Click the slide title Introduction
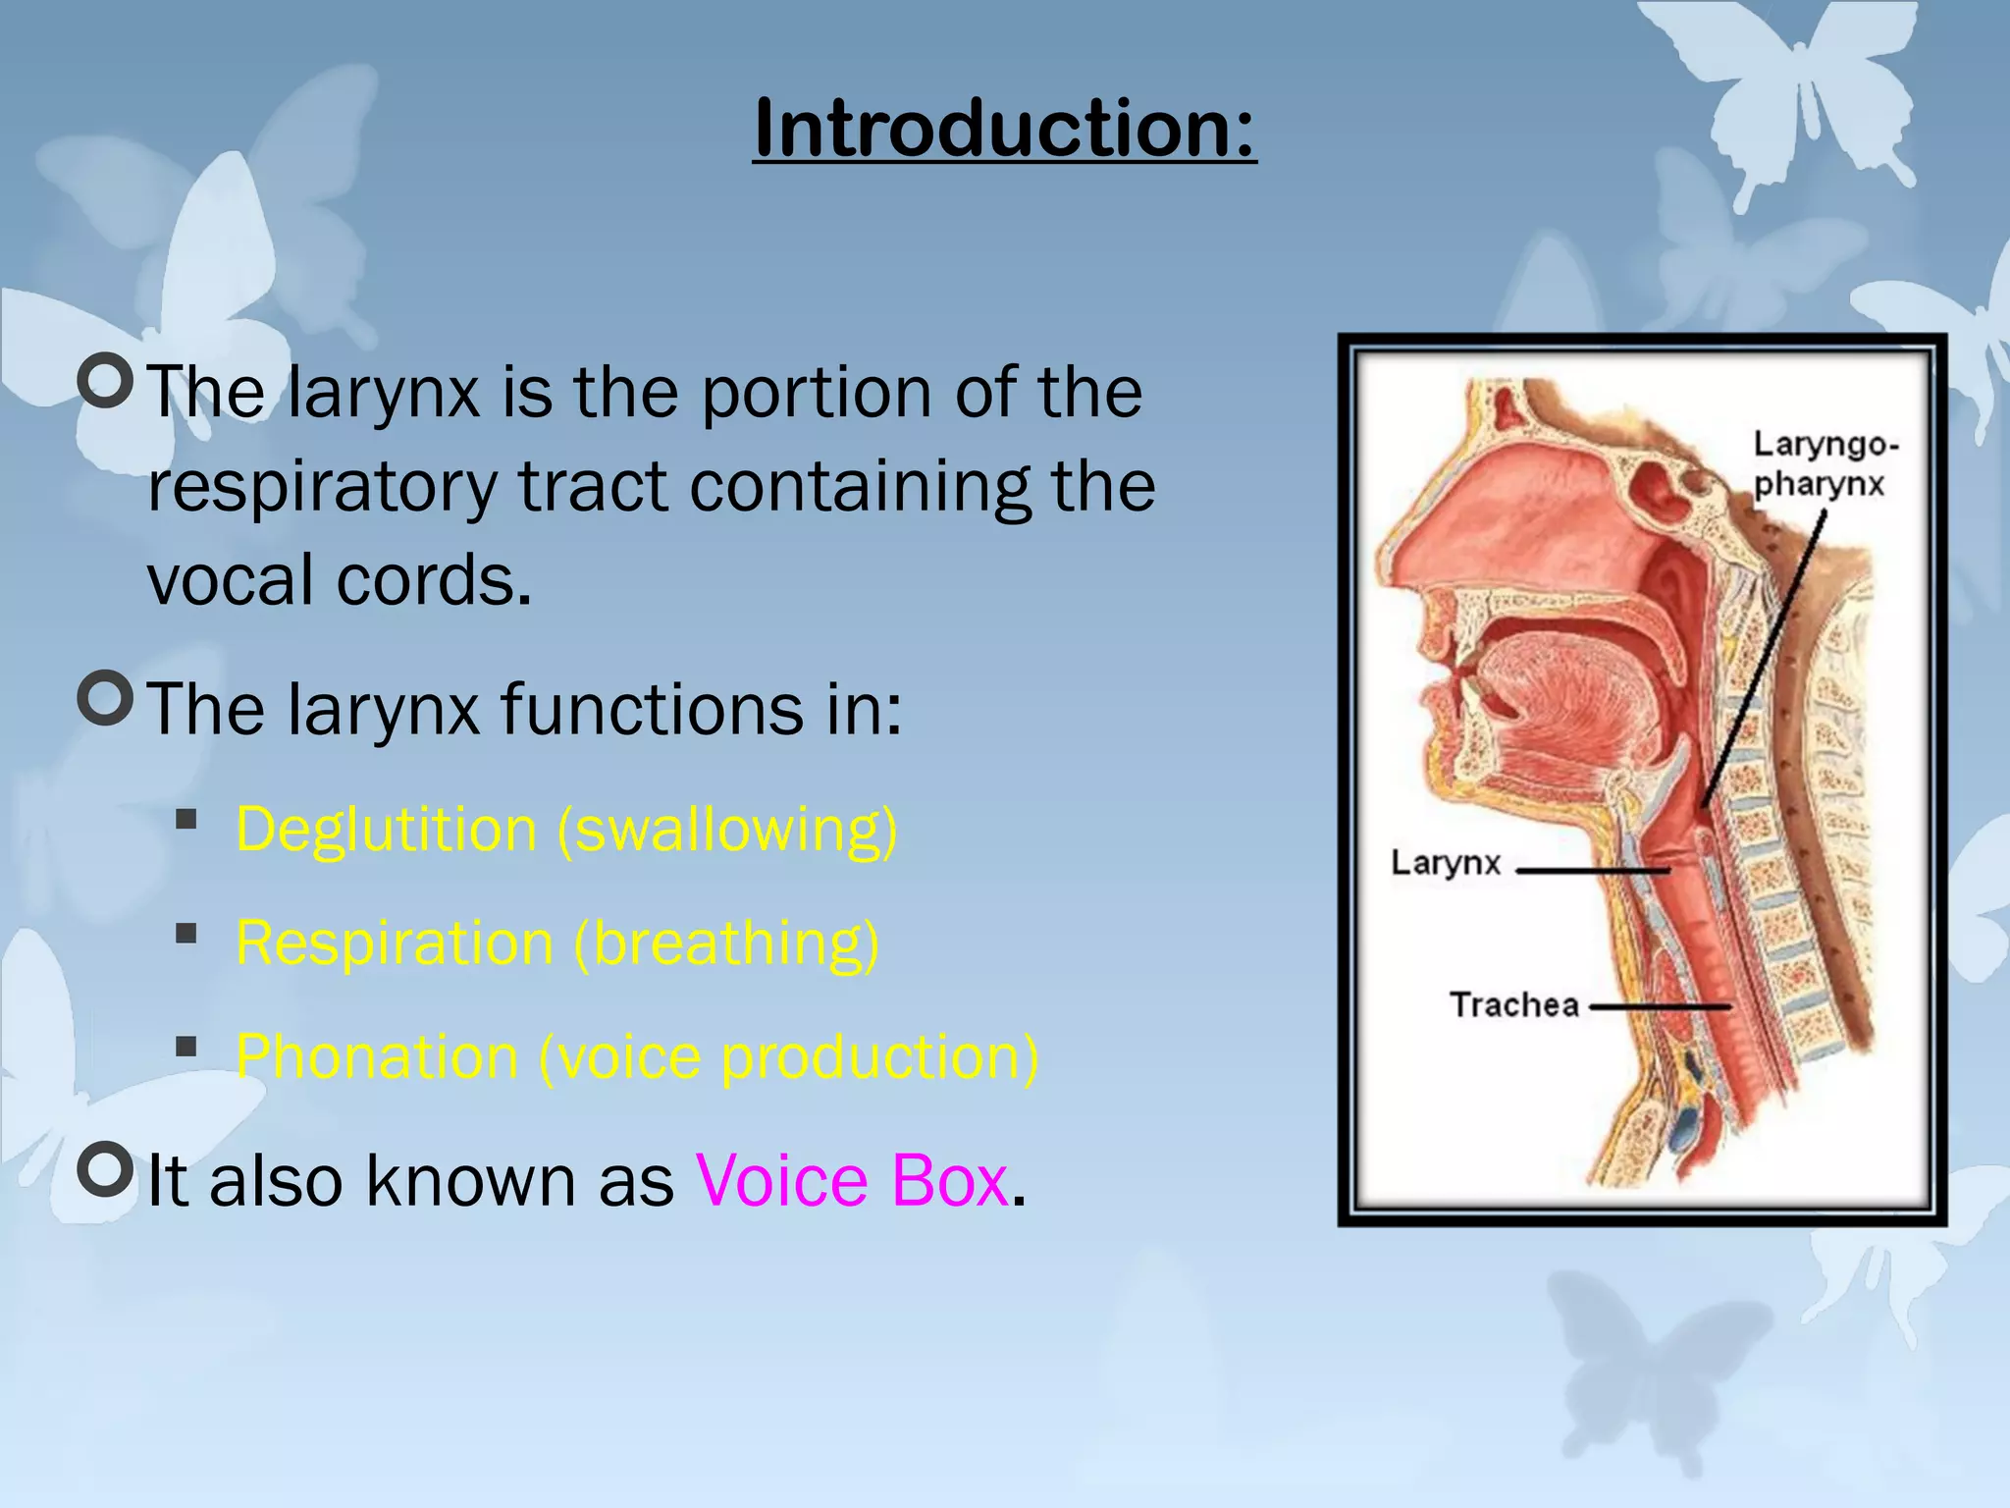coord(1004,128)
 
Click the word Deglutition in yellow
coord(386,830)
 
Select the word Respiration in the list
coord(395,943)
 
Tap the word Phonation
coord(377,1057)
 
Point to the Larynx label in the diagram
coord(1445,863)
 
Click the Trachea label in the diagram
coord(1513,1005)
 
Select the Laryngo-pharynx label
coord(1824,463)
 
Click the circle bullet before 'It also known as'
coord(105,1169)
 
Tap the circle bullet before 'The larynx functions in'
coord(105,698)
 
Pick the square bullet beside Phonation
coord(186,1047)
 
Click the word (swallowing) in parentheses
coord(727,830)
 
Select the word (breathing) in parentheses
coord(726,943)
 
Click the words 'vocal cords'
coord(339,579)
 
